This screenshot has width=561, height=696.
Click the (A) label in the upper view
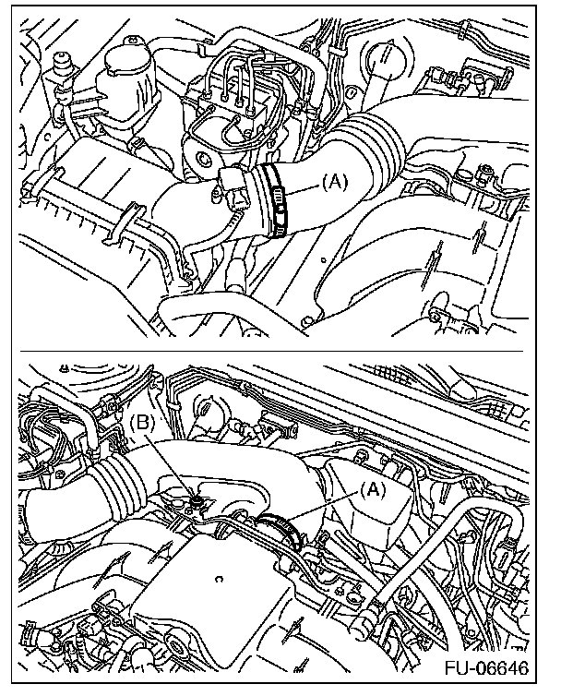click(x=335, y=183)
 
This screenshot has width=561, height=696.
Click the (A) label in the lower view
click(x=373, y=490)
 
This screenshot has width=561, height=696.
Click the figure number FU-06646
click(x=486, y=667)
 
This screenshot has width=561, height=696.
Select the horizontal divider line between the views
click(x=271, y=351)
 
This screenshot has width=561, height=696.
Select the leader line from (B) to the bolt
click(x=171, y=465)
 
